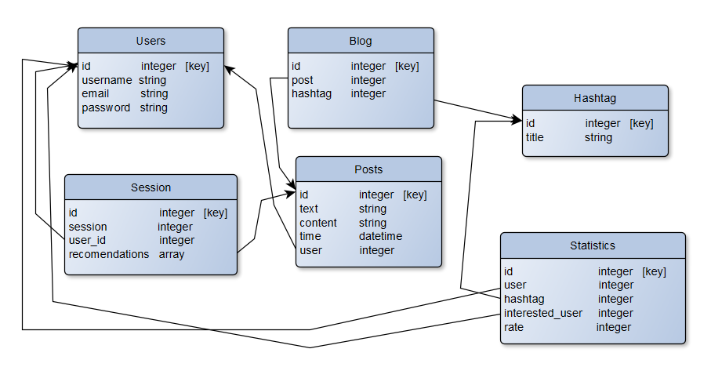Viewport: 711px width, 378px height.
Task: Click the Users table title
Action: click(x=151, y=41)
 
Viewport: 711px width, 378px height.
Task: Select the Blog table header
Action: click(x=361, y=41)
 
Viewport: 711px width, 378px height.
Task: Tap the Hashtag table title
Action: click(x=595, y=98)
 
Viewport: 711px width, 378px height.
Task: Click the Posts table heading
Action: click(x=368, y=169)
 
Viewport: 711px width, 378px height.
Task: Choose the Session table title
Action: click(x=151, y=187)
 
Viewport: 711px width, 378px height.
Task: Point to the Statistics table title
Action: click(x=593, y=245)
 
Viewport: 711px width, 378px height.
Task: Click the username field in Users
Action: click(x=107, y=80)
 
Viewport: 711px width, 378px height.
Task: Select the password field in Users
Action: click(x=106, y=107)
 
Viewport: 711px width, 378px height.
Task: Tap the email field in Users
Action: click(x=96, y=94)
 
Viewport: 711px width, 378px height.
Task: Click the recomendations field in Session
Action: click(x=109, y=254)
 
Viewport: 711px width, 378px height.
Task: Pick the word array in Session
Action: click(x=172, y=254)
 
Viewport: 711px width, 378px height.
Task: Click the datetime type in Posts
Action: click(x=380, y=236)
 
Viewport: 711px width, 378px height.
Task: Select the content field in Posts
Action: click(x=318, y=223)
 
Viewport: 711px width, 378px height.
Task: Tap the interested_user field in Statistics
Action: click(x=543, y=313)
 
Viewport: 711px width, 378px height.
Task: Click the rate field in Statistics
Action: click(x=513, y=327)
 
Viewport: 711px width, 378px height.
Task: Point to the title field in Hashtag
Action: click(x=535, y=137)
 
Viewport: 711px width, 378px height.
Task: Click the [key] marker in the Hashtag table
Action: click(x=641, y=123)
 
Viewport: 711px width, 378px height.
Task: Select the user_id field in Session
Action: click(x=87, y=240)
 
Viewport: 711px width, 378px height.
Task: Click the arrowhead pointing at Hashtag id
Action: click(x=517, y=120)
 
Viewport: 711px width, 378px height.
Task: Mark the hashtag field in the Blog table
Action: click(x=312, y=93)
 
